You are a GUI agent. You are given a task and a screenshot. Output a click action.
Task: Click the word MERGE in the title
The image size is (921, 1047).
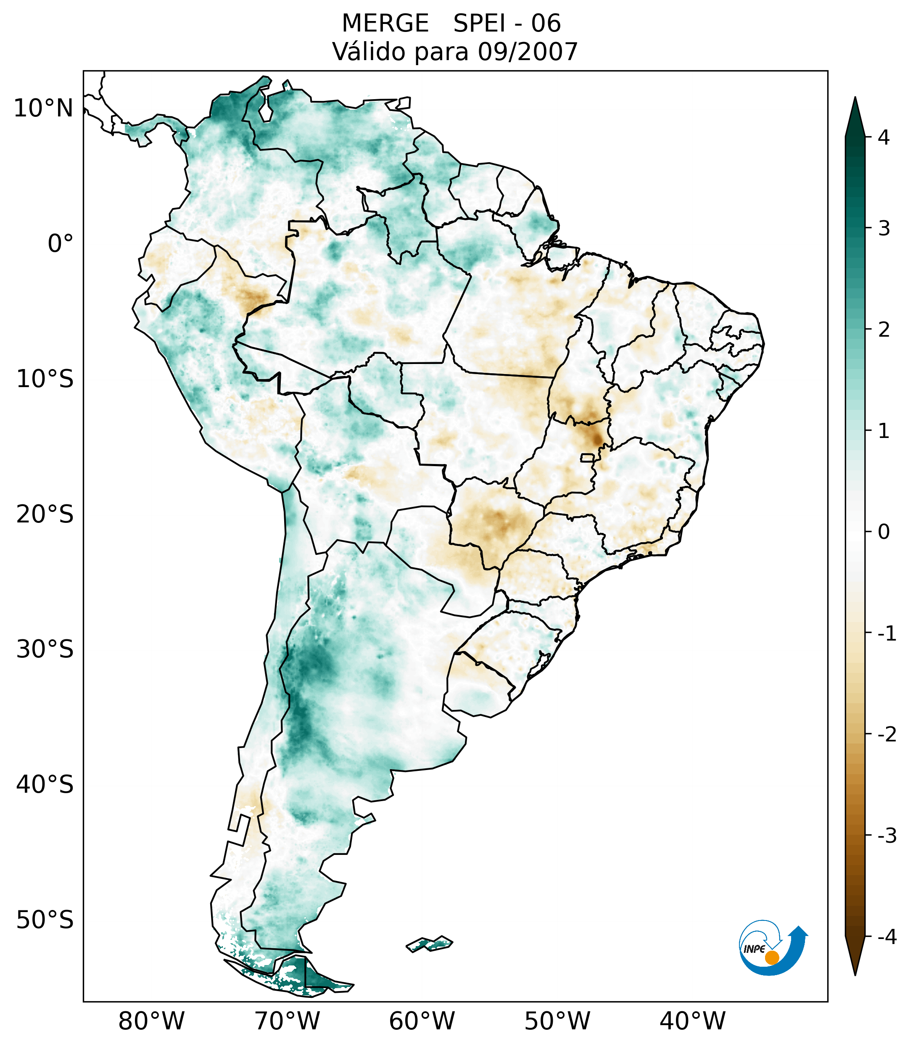pos(385,24)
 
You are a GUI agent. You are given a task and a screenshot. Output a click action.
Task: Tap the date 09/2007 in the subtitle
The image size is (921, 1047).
pos(528,52)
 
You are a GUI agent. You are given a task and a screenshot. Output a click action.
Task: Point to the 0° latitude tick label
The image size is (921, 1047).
pos(61,244)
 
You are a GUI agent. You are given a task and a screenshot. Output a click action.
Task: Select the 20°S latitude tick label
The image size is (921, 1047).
pos(45,514)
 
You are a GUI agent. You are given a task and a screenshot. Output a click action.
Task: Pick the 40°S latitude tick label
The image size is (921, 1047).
pos(45,785)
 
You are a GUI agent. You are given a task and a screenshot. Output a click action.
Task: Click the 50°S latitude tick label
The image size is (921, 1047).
pos(45,920)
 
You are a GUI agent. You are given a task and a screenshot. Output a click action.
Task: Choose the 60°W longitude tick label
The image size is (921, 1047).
pos(422,1021)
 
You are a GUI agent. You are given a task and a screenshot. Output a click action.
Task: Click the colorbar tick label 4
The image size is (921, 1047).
pos(884,137)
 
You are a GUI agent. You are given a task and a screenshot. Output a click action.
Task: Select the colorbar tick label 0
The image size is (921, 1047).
pos(884,532)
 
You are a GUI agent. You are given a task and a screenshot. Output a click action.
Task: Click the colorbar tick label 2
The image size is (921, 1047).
pos(884,330)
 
